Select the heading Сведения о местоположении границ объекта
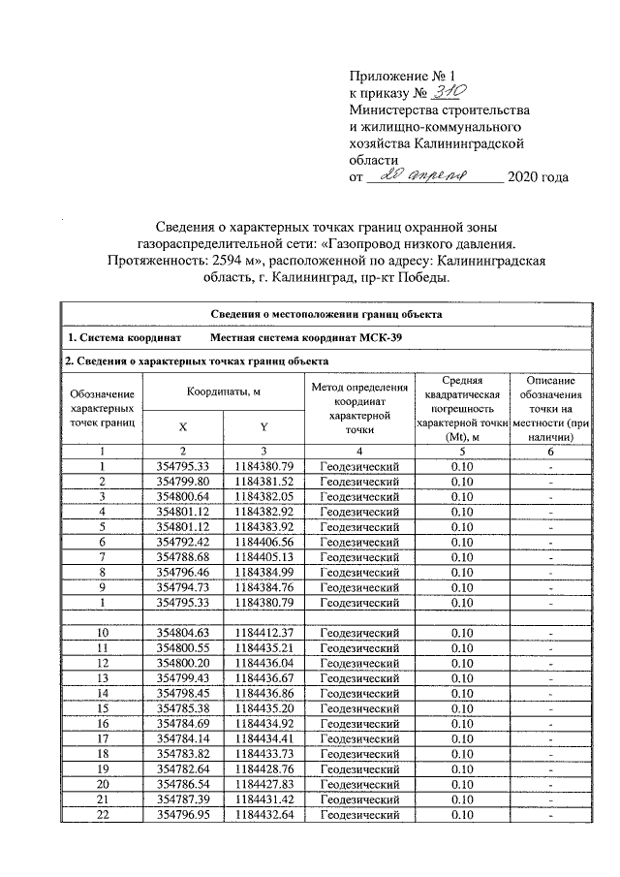click(x=326, y=314)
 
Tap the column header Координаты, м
click(x=223, y=392)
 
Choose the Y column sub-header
click(x=263, y=426)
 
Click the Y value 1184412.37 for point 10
click(x=263, y=632)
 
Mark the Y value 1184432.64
click(x=263, y=816)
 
